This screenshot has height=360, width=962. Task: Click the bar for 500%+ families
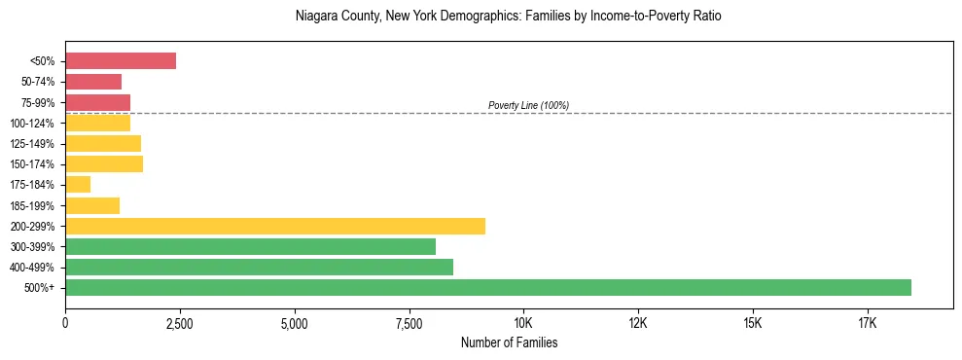488,287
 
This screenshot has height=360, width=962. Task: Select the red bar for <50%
121,61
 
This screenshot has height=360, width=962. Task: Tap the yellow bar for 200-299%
275,226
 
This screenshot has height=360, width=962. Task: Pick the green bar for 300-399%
250,246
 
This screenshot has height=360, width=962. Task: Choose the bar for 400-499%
259,267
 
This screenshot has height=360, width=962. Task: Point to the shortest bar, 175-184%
78,185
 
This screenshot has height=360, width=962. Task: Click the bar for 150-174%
104,163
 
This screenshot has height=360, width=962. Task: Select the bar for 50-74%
93,82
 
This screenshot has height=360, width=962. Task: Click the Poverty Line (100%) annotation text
528,105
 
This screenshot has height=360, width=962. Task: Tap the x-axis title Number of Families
509,343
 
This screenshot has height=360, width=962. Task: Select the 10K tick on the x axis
523,323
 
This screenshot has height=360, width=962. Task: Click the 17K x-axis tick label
868,323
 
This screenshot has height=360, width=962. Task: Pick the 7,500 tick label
410,323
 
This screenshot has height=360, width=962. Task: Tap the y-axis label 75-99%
38,102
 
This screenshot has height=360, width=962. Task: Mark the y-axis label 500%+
40,288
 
